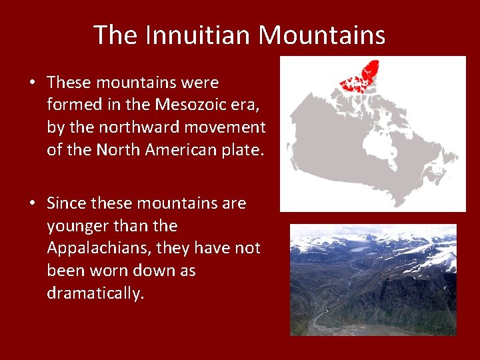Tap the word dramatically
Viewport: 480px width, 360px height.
pyautogui.click(x=95, y=293)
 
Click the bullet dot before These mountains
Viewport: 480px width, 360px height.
pyautogui.click(x=32, y=83)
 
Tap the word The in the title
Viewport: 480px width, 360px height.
pyautogui.click(x=115, y=35)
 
